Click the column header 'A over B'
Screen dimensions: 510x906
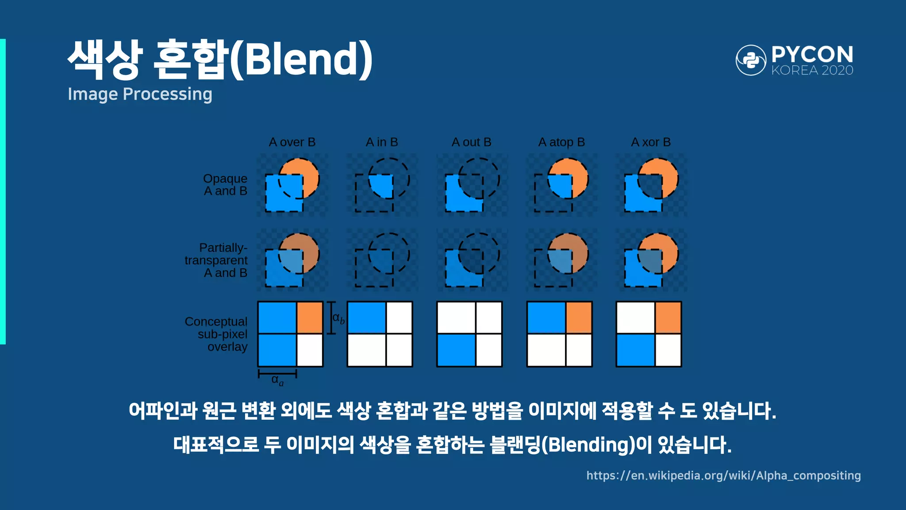292,142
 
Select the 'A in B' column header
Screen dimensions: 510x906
382,142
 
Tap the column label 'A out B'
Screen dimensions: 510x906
471,142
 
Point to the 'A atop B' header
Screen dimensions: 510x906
561,142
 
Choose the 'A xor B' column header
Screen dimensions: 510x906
651,142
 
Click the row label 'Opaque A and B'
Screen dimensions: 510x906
225,185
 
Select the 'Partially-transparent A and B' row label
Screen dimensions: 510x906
216,260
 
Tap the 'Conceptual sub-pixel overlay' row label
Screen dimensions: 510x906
216,334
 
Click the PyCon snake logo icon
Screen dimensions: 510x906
751,60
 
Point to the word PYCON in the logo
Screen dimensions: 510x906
812,54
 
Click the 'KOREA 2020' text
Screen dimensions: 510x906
812,70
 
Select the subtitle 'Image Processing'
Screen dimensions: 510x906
140,94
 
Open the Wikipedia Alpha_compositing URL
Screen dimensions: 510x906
723,475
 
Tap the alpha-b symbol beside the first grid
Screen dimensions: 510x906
338,318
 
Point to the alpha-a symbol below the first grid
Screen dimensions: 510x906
277,380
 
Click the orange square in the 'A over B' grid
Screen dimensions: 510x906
310,317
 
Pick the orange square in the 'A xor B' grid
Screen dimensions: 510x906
668,317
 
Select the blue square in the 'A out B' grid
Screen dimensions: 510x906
456,350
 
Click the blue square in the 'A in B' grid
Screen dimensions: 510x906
366,317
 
